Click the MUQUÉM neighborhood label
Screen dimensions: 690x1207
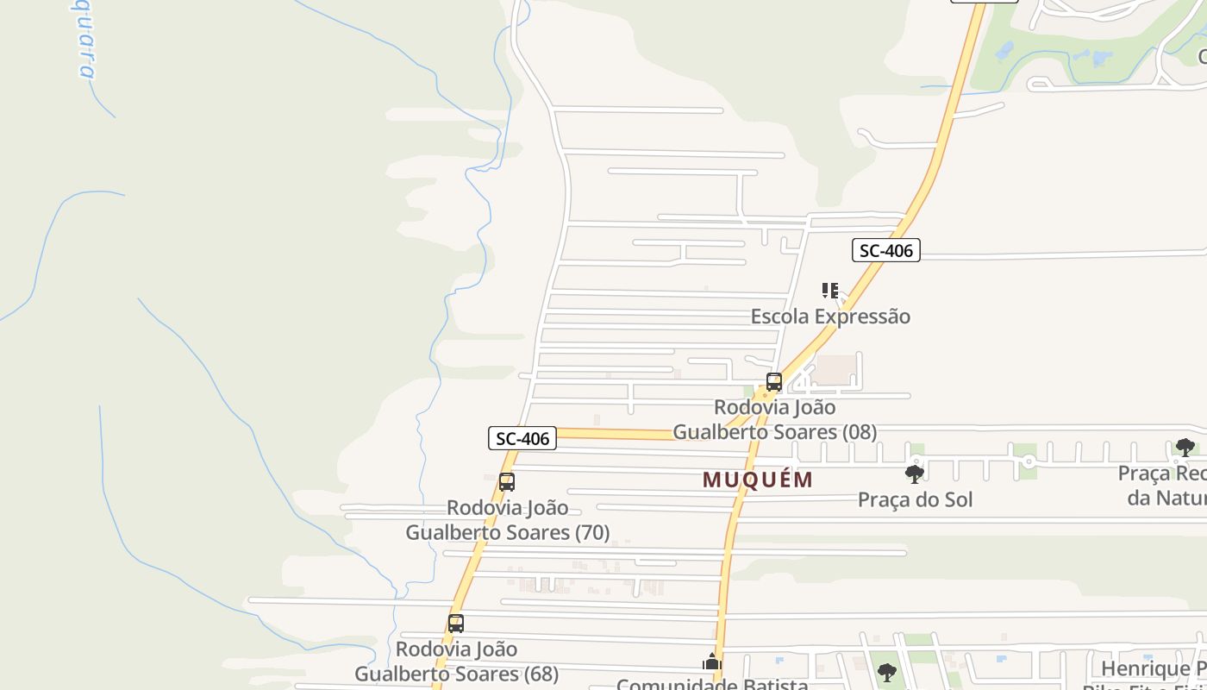coord(757,480)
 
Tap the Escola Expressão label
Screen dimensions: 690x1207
coord(829,317)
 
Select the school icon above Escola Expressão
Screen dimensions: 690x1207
coord(829,291)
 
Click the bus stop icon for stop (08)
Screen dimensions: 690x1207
coord(773,382)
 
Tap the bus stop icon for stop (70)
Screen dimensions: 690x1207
coord(507,482)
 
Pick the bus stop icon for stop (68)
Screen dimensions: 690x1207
coord(455,623)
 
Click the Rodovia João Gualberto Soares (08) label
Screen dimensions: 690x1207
coord(774,419)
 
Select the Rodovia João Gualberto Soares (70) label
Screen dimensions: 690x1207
coord(508,520)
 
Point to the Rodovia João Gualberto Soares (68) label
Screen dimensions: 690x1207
coord(456,661)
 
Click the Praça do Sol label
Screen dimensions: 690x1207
coord(915,499)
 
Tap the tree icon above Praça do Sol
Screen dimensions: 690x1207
coord(915,474)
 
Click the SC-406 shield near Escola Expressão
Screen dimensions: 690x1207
coord(885,251)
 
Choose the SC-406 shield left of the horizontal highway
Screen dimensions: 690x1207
coord(522,438)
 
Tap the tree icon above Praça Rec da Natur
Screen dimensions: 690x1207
coord(1185,448)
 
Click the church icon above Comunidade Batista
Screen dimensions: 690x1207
coord(711,662)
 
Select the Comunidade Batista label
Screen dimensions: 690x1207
coord(712,684)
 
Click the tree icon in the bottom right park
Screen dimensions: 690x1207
coord(886,673)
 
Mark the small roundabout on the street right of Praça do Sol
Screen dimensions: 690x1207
coord(1029,462)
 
